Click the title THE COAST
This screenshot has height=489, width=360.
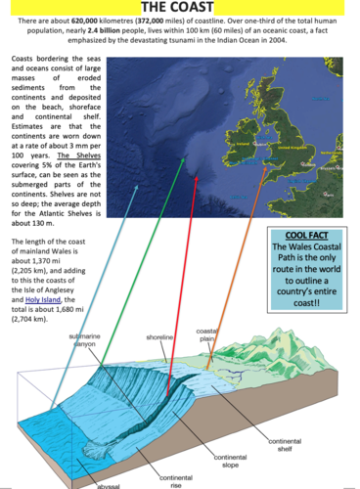pyautogui.click(x=180, y=7)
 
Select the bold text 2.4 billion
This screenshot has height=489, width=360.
pyautogui.click(x=79, y=30)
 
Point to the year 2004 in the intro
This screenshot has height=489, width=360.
pyautogui.click(x=277, y=41)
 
